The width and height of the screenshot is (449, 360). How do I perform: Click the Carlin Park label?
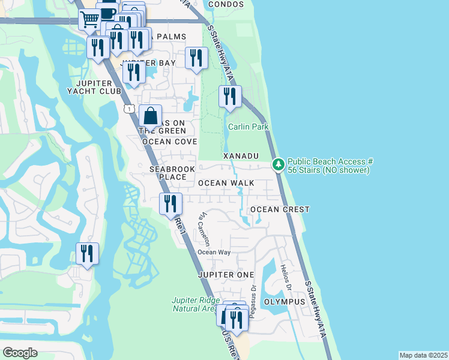[248, 127]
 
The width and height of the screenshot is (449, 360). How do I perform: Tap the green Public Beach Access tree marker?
[278, 164]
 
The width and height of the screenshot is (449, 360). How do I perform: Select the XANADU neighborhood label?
[241, 155]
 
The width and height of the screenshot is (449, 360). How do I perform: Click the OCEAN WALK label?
[226, 183]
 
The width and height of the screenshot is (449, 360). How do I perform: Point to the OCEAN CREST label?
[280, 209]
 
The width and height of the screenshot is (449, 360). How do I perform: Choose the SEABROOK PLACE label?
[172, 173]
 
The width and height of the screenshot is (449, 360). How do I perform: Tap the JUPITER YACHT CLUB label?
[94, 87]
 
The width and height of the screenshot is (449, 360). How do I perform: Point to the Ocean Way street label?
[214, 252]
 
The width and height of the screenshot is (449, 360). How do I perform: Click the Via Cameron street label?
[205, 228]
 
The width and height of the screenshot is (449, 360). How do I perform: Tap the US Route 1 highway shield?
[129, 108]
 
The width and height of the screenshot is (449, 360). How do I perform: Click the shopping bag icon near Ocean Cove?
[150, 115]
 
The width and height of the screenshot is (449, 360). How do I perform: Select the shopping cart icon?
[89, 19]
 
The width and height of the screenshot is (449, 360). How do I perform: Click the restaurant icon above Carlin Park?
[229, 96]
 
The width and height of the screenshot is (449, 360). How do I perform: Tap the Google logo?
[20, 353]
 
